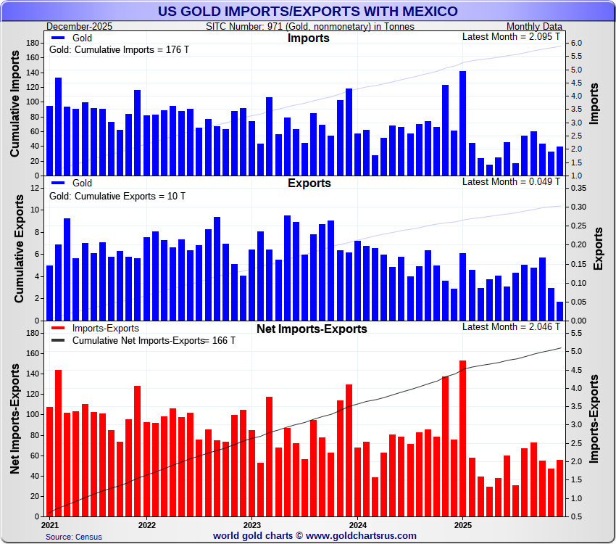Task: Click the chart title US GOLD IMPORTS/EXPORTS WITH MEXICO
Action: coord(308,11)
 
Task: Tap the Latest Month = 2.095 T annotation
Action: coord(511,36)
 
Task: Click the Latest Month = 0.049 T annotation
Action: coord(511,181)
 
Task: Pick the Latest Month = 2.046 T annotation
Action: coord(511,326)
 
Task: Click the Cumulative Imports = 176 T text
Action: coord(117,51)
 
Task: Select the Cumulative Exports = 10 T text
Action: coord(117,196)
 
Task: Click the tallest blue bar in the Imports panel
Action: coord(462,123)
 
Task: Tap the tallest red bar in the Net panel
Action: coord(462,438)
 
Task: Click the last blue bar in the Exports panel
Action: coord(559,311)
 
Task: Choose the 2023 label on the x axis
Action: coord(251,524)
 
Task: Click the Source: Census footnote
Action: coord(74,537)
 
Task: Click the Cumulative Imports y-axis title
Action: coord(14,108)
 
